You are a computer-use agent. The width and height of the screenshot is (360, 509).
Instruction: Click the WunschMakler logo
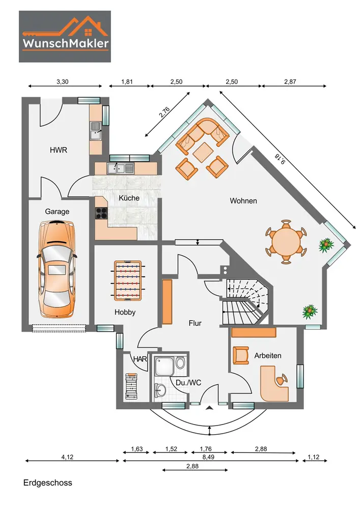(x=65, y=36)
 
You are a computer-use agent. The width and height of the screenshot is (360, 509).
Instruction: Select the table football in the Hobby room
(x=129, y=280)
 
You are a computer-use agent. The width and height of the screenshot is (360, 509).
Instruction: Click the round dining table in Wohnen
(x=286, y=241)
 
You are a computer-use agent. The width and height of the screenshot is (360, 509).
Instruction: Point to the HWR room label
(x=59, y=150)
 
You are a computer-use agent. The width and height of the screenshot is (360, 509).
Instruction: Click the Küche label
(x=129, y=197)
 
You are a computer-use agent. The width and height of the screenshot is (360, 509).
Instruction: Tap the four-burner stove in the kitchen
(x=101, y=213)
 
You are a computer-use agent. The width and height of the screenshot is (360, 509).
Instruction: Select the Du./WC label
(x=188, y=383)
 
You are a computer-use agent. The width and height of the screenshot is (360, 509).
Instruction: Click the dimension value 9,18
(x=280, y=159)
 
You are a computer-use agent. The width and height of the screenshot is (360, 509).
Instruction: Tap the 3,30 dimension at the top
(x=62, y=82)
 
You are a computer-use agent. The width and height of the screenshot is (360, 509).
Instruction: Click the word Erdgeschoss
(x=48, y=483)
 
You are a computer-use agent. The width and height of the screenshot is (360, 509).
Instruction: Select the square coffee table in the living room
(x=203, y=152)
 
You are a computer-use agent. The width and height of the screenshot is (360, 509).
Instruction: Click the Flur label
(x=195, y=323)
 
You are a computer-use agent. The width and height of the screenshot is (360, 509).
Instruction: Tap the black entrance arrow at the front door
(x=210, y=408)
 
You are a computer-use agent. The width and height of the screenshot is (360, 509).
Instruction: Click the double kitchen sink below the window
(x=121, y=168)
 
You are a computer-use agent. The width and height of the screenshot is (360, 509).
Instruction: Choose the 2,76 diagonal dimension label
(x=164, y=112)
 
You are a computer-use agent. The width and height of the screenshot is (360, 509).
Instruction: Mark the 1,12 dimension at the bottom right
(x=313, y=457)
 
